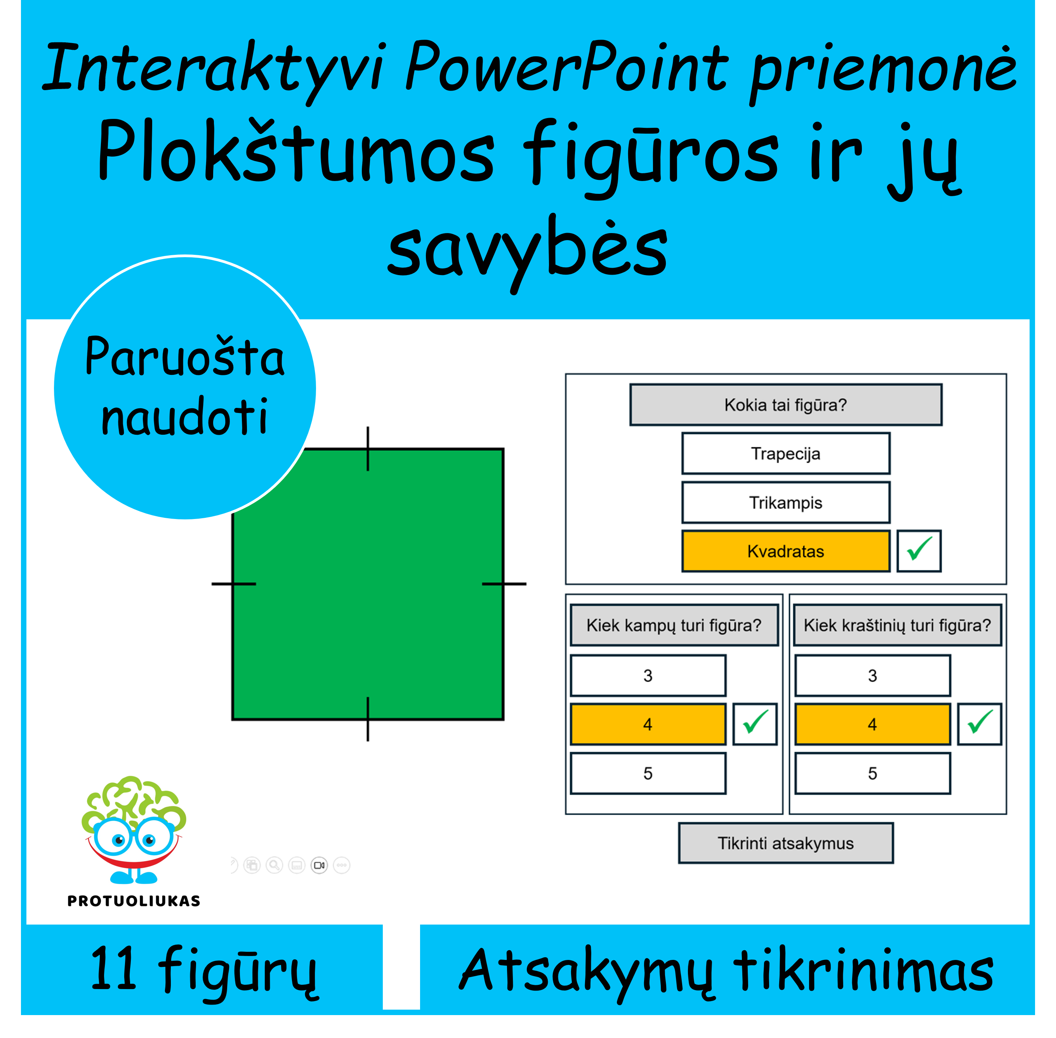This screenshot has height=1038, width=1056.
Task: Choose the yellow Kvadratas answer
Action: click(786, 551)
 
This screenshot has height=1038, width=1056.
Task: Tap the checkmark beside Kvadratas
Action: click(919, 551)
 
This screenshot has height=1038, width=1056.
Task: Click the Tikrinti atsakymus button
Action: click(786, 843)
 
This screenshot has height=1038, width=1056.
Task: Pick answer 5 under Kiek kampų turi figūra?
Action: click(648, 773)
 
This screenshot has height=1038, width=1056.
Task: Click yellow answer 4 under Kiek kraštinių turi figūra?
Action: click(872, 725)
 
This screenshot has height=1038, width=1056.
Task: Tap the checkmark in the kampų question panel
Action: click(755, 725)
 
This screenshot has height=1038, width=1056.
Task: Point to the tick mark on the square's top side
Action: click(368, 449)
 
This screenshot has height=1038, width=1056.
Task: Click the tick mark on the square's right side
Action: click(504, 584)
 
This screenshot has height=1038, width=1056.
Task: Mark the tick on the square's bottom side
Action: click(368, 719)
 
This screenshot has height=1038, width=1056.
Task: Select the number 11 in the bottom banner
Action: click(113, 969)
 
